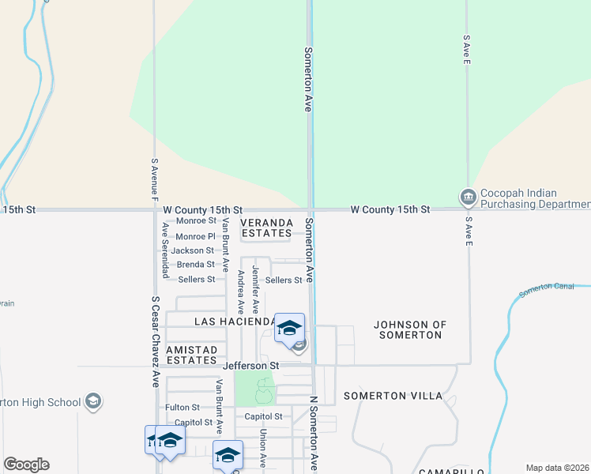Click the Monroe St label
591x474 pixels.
click(x=196, y=221)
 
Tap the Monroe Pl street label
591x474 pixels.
click(x=195, y=236)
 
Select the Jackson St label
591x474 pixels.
click(x=193, y=250)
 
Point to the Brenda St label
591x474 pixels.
click(x=195, y=265)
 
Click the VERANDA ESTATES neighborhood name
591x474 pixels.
click(x=266, y=228)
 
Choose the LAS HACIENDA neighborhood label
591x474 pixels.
click(x=234, y=322)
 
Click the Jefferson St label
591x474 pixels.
click(x=251, y=366)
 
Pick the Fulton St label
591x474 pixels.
click(x=183, y=408)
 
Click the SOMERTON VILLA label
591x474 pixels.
click(x=393, y=395)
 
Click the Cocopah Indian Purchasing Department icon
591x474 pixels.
click(x=468, y=196)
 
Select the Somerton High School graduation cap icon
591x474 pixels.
click(x=93, y=401)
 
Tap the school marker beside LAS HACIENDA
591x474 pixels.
click(x=290, y=327)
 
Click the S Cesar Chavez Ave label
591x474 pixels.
click(x=156, y=341)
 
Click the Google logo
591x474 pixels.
click(x=26, y=465)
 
